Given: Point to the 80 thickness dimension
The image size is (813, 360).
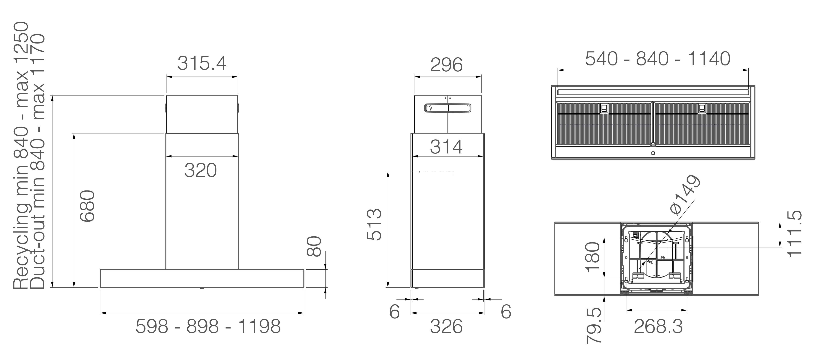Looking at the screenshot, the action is (x=314, y=246).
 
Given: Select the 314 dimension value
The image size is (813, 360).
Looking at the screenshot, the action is (x=446, y=147).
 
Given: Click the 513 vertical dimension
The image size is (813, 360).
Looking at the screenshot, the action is (x=374, y=224).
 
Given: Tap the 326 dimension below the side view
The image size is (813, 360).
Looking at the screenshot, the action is (x=446, y=326).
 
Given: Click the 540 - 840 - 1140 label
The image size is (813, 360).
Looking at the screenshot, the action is (x=658, y=59).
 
